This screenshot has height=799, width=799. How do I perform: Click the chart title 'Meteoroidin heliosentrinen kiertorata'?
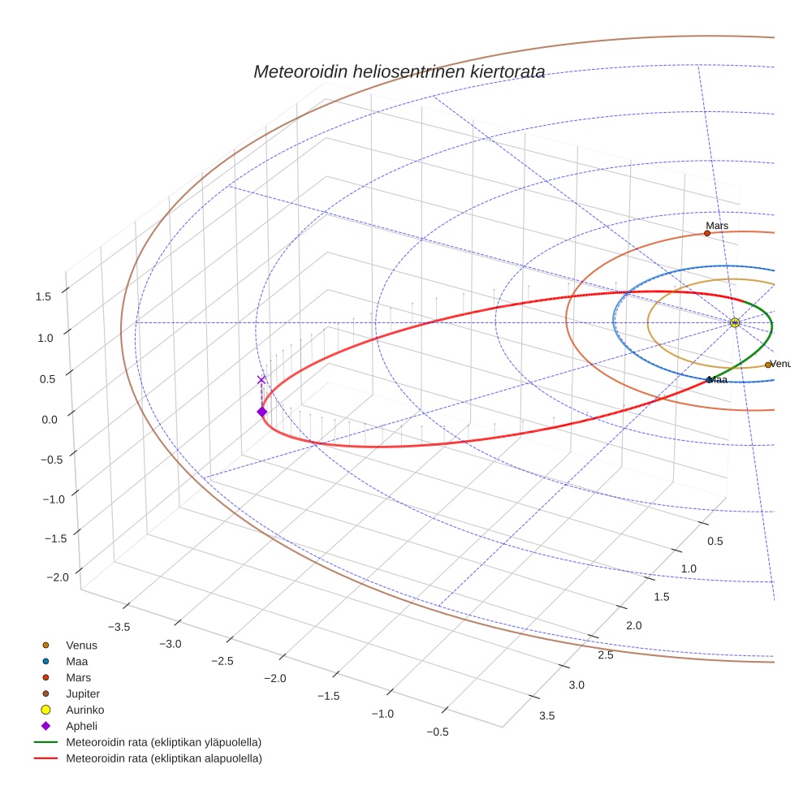(x=399, y=71)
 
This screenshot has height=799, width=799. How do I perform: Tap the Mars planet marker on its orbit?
(x=706, y=233)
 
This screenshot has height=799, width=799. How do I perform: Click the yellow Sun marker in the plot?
(x=734, y=322)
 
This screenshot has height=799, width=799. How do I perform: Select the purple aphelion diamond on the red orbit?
(x=261, y=412)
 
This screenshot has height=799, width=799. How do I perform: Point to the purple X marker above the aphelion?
(x=261, y=379)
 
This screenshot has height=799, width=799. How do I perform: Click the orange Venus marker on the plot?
(x=767, y=365)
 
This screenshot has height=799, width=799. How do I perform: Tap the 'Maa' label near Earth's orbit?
(x=717, y=379)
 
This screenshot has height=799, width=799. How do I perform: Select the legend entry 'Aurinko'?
(x=84, y=710)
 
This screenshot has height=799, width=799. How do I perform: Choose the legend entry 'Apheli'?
(x=81, y=726)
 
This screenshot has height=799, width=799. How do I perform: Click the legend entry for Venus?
(x=81, y=646)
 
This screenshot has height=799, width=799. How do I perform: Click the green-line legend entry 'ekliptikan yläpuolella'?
(x=163, y=742)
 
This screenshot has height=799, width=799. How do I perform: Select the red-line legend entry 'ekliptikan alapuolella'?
(x=163, y=758)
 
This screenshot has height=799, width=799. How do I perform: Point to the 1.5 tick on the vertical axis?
(x=43, y=297)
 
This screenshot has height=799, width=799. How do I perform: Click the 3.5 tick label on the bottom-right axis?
(x=546, y=715)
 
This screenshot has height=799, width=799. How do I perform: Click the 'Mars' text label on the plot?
(x=717, y=225)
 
